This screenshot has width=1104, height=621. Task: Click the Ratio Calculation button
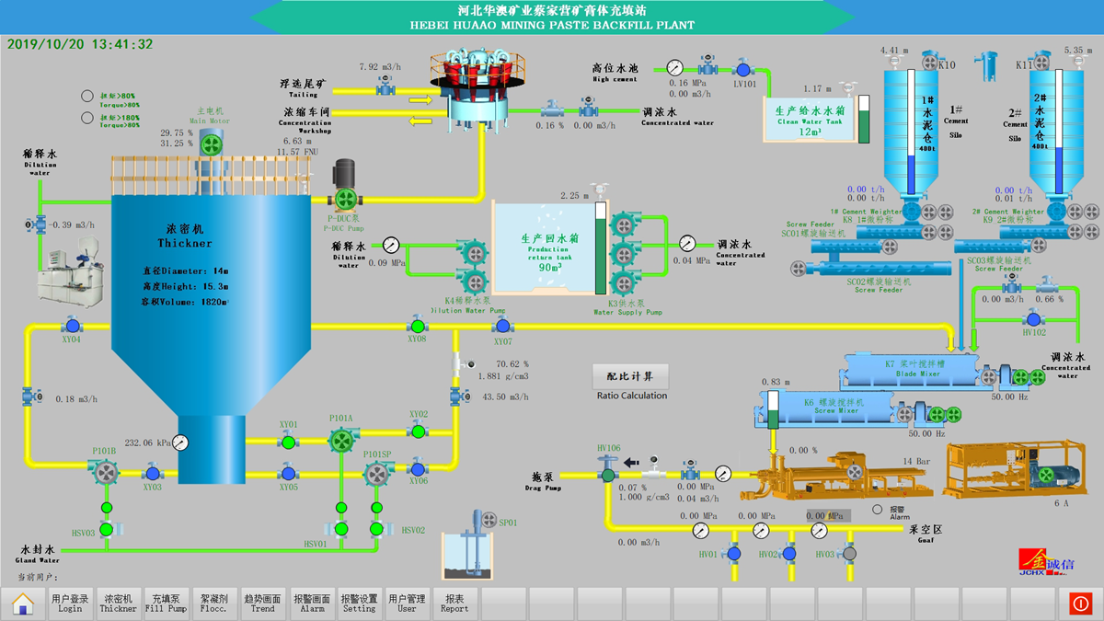(x=631, y=376)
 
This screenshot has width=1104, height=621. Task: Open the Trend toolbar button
(x=262, y=603)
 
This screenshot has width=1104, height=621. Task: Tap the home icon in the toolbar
(x=23, y=603)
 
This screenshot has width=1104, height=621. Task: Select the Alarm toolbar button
(x=312, y=603)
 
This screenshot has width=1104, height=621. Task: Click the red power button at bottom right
(x=1080, y=603)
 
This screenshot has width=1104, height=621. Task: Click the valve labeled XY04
(x=72, y=325)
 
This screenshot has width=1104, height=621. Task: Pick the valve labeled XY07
(x=502, y=326)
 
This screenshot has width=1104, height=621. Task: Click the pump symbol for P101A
(x=341, y=442)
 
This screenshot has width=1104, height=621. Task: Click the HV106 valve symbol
(x=607, y=475)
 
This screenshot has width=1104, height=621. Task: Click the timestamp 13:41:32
(x=122, y=44)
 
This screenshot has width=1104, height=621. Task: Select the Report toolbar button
(x=454, y=603)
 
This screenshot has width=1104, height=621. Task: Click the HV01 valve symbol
(x=733, y=554)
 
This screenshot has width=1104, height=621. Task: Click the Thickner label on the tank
(x=184, y=244)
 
